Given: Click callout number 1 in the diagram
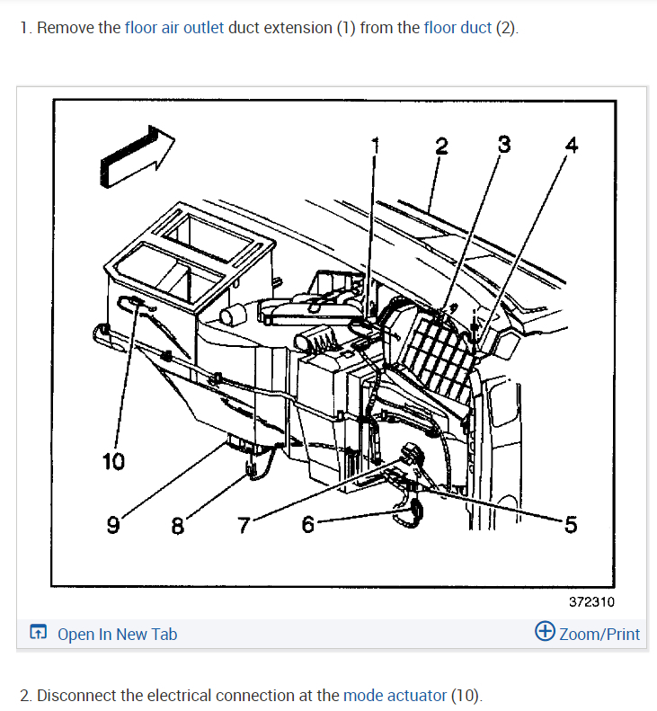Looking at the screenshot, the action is [x=377, y=145].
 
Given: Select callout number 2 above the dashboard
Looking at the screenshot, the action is [x=441, y=147].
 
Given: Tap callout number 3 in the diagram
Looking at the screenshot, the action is [x=504, y=144].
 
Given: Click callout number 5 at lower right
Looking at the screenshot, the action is [x=570, y=525].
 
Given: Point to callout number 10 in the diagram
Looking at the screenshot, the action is [x=114, y=462].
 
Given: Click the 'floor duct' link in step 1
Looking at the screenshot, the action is [x=457, y=27].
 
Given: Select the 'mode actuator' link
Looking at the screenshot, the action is [x=395, y=695].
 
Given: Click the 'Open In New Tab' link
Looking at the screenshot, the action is [x=117, y=634].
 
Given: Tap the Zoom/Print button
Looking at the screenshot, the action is [x=588, y=634].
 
